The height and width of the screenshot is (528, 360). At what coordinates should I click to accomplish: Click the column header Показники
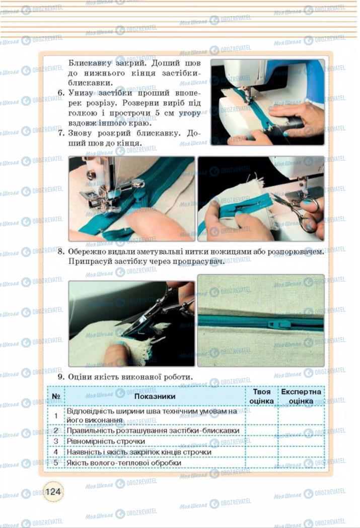coord(155,396)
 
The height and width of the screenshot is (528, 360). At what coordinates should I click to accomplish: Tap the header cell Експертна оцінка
coord(301,396)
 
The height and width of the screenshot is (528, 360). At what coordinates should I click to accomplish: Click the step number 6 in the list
coord(60,93)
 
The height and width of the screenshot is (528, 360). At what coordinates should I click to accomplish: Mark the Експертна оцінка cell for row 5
coord(301,463)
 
